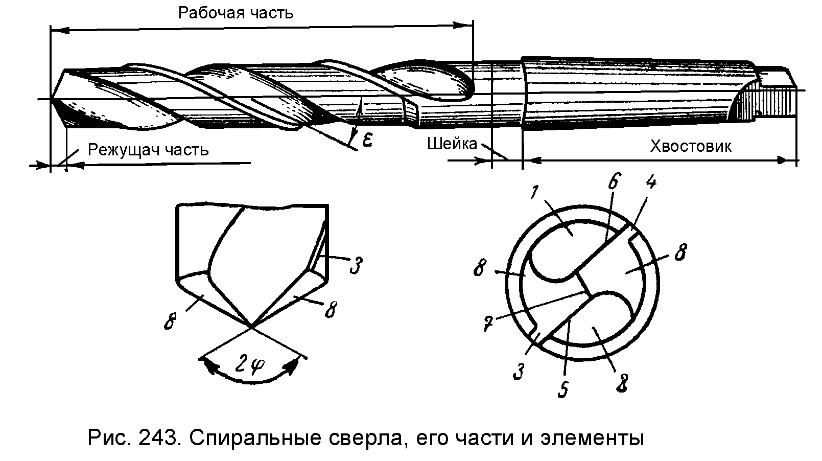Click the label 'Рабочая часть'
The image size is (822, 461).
[x=236, y=12]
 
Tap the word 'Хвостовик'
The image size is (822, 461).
[x=690, y=147]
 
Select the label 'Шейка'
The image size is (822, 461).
[x=452, y=144]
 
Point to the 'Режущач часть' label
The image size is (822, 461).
[x=148, y=150]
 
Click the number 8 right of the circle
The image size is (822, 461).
[x=680, y=253]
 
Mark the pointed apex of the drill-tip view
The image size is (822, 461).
[x=250, y=325]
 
